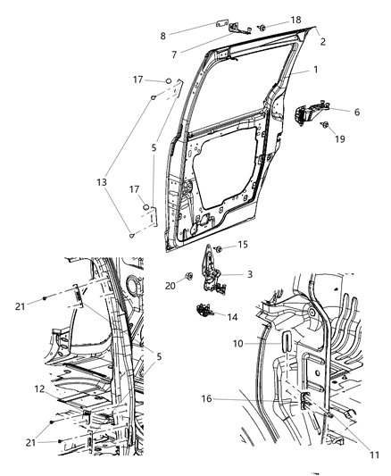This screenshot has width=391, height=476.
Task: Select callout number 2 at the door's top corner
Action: coord(322,41)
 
